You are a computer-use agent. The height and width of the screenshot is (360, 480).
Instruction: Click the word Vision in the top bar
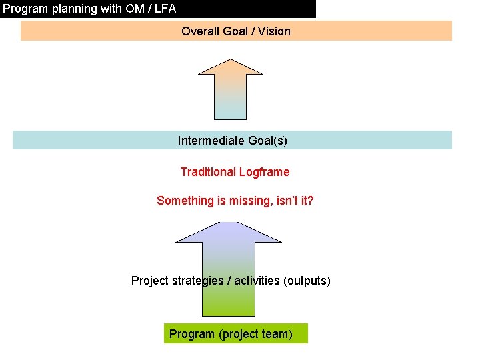pyautogui.click(x=275, y=31)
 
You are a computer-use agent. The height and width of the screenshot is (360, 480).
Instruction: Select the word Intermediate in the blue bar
pyautogui.click(x=207, y=141)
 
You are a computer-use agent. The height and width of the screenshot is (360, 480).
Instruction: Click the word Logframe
pyautogui.click(x=265, y=172)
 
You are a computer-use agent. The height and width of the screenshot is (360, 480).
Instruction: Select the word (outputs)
pyautogui.click(x=307, y=281)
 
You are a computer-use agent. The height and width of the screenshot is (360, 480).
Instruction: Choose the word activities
pyautogui.click(x=257, y=281)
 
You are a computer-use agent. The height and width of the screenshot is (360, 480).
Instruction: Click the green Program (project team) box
pyautogui.click(x=236, y=333)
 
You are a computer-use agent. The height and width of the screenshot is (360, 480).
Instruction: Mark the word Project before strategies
pyautogui.click(x=150, y=281)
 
